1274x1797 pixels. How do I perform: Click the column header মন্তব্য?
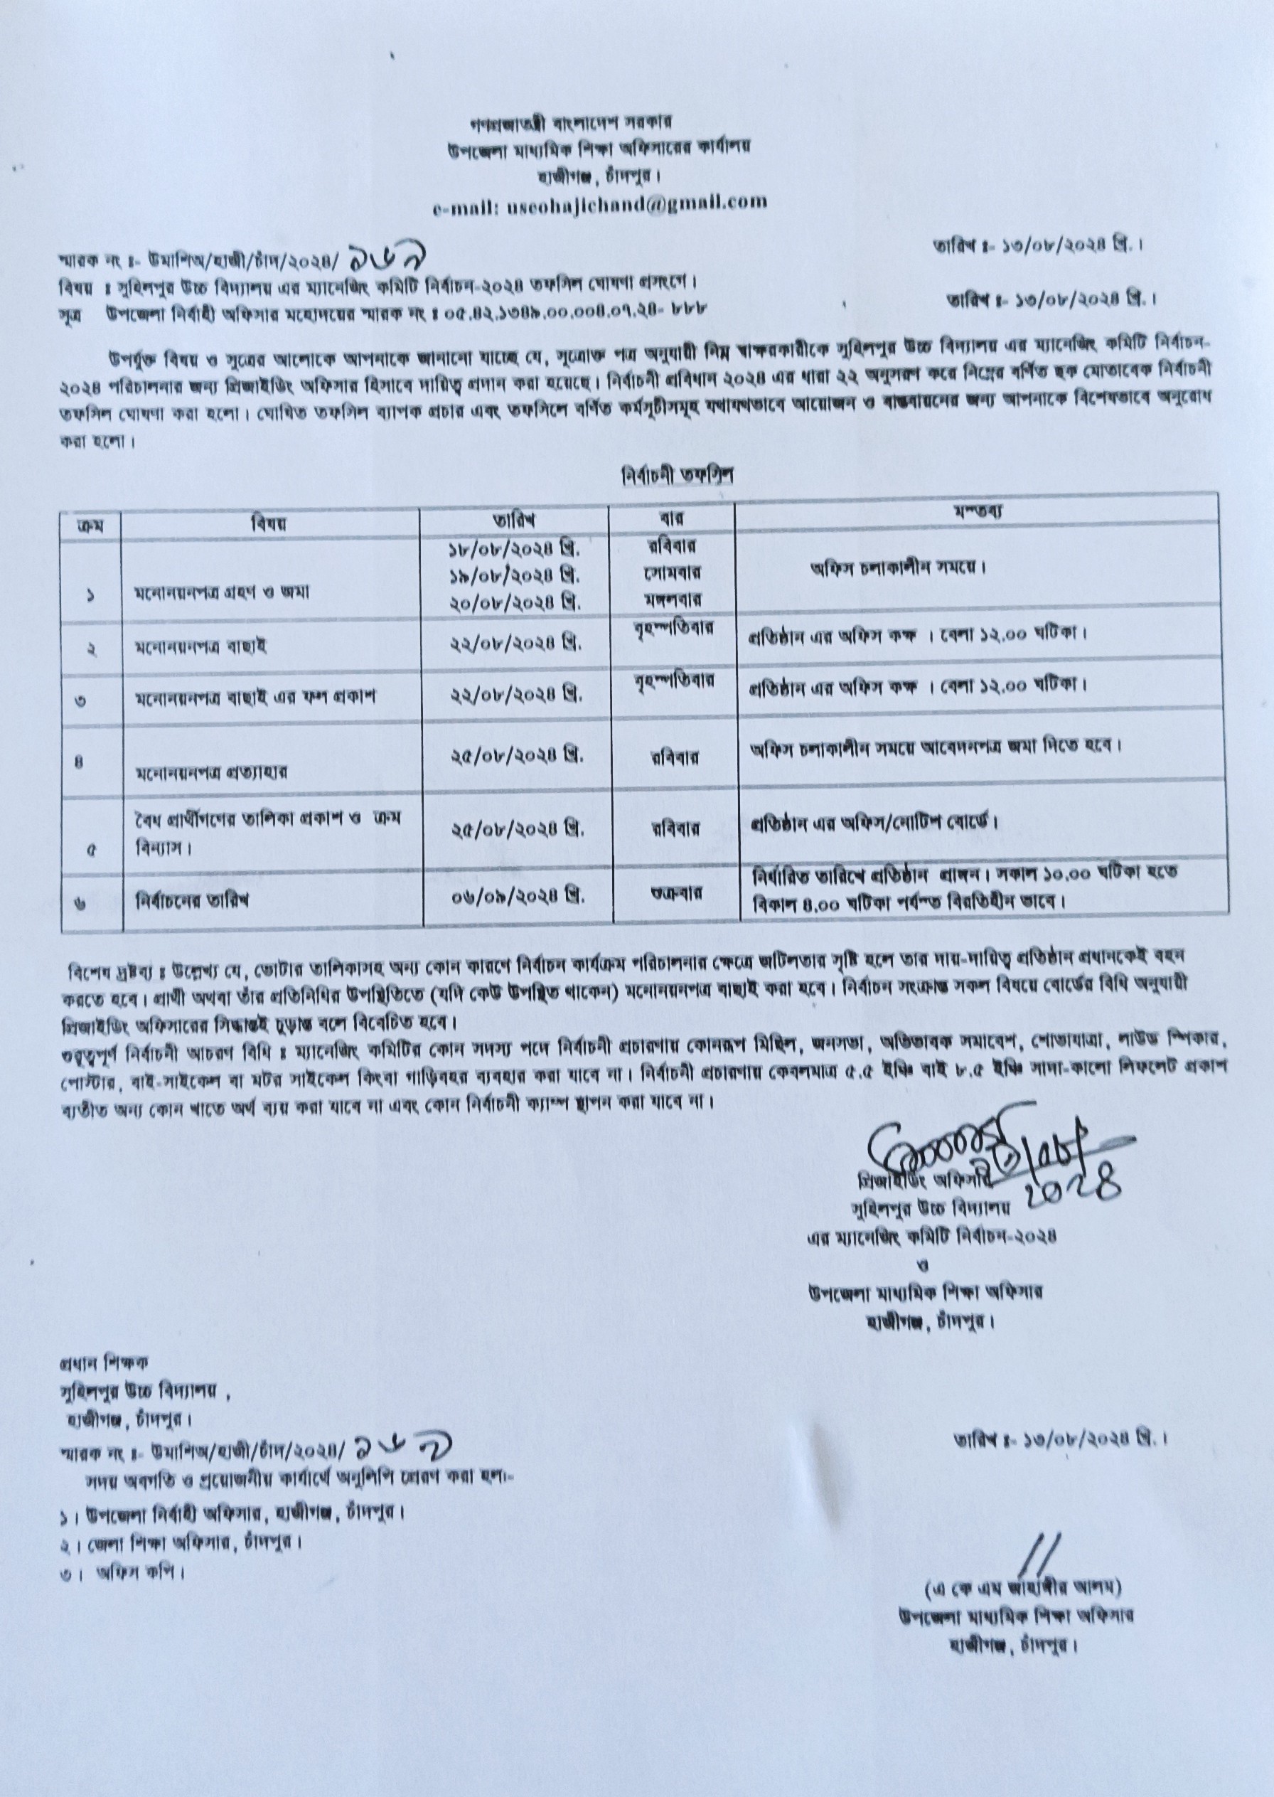pos(980,511)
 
